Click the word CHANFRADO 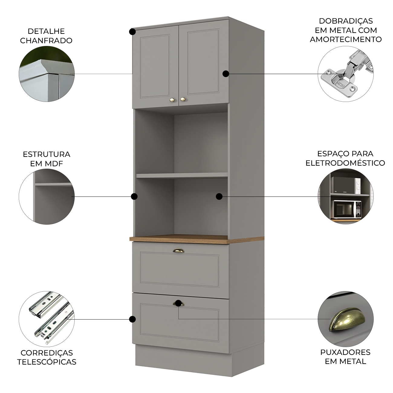click(x=46, y=41)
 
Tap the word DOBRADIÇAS click(x=346, y=21)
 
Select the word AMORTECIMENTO click(x=346, y=39)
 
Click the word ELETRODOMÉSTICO click(x=345, y=163)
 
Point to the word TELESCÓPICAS click(x=47, y=362)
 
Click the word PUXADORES click(x=345, y=352)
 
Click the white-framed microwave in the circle click(x=347, y=209)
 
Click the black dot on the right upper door click(x=226, y=74)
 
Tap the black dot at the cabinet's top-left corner click(x=132, y=32)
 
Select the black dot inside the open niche click(x=219, y=197)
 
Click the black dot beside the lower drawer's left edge click(x=132, y=319)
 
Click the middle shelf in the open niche click(x=182, y=175)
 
